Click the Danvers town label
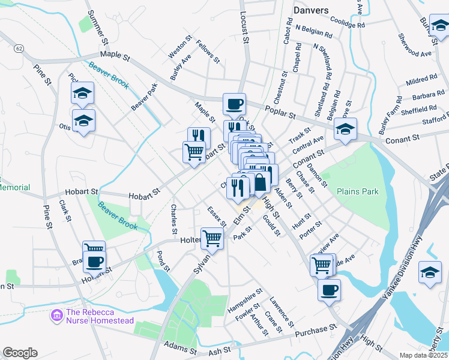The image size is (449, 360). click(311, 10)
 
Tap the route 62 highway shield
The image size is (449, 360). click(20, 48)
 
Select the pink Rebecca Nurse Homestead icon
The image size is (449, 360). click(57, 314)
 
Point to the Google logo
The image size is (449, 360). click(20, 352)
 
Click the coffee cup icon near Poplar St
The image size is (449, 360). click(234, 104)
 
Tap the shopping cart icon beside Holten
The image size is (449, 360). click(212, 238)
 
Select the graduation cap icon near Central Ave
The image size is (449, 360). click(346, 129)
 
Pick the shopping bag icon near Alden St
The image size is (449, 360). click(261, 182)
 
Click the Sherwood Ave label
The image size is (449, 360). click(414, 53)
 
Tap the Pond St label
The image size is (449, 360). click(163, 259)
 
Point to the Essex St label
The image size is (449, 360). click(216, 217)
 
